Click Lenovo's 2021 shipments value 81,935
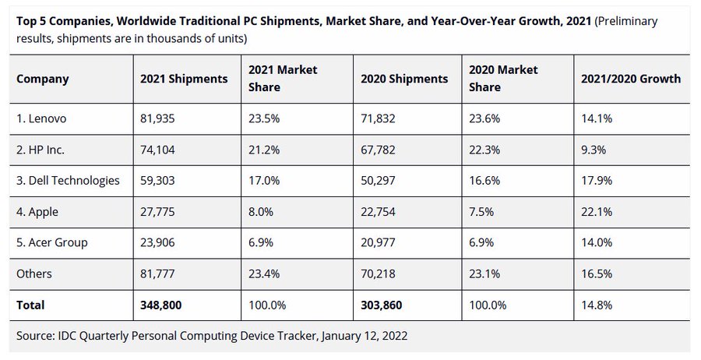coord(160,118)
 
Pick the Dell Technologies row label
coord(68,181)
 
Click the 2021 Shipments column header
coord(184,79)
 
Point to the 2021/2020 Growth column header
coord(630,79)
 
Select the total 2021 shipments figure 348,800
coord(161,305)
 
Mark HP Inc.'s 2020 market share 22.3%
coord(484,150)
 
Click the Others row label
coord(34,274)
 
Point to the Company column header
coord(43,79)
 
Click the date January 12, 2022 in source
coord(361,336)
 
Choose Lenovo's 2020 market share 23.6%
coord(484,118)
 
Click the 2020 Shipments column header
coord(404,79)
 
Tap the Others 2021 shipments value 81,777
coord(160,274)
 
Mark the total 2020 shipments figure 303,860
coord(382,305)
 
